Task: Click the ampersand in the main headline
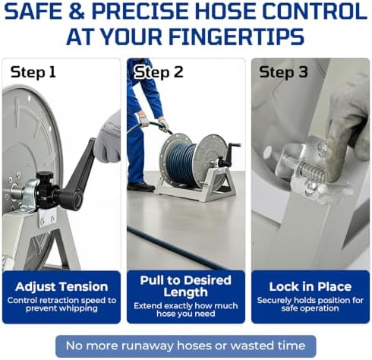point(76,12)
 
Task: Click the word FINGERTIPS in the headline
point(236,36)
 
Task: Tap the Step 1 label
point(33,73)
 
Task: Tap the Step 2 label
point(159,72)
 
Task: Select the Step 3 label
point(283,72)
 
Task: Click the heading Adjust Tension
point(61,286)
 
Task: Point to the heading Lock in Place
point(311,286)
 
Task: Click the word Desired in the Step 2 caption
point(207,280)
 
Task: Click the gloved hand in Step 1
point(108,138)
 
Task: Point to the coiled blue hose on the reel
point(183,162)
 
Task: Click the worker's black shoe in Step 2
point(141,187)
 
